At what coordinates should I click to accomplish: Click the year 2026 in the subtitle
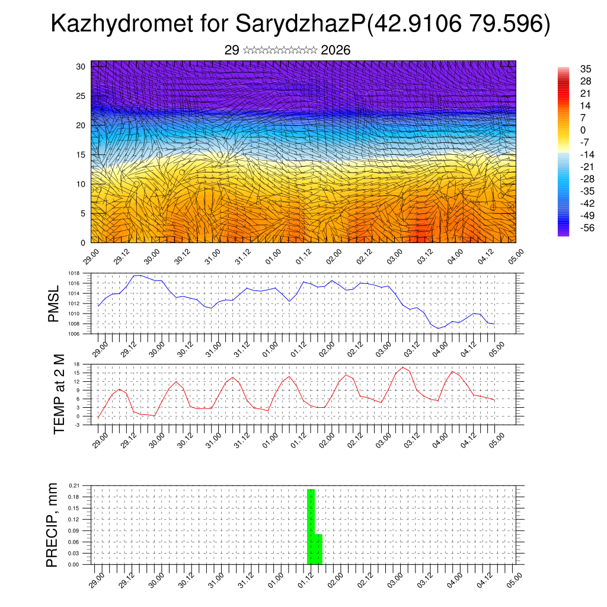tap(336, 50)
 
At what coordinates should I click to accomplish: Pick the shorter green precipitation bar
tap(318, 549)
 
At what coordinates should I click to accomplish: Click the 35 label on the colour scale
tap(586, 69)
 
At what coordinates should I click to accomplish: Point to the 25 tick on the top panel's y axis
tap(81, 95)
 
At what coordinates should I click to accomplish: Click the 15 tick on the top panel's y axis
tap(81, 154)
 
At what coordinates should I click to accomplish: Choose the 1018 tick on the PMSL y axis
tap(74, 273)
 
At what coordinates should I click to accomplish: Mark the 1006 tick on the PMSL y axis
tap(74, 334)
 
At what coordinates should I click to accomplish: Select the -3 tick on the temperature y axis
tap(76, 425)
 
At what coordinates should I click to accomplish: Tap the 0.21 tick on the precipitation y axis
tap(74, 485)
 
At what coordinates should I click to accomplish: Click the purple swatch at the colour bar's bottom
tap(563, 232)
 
